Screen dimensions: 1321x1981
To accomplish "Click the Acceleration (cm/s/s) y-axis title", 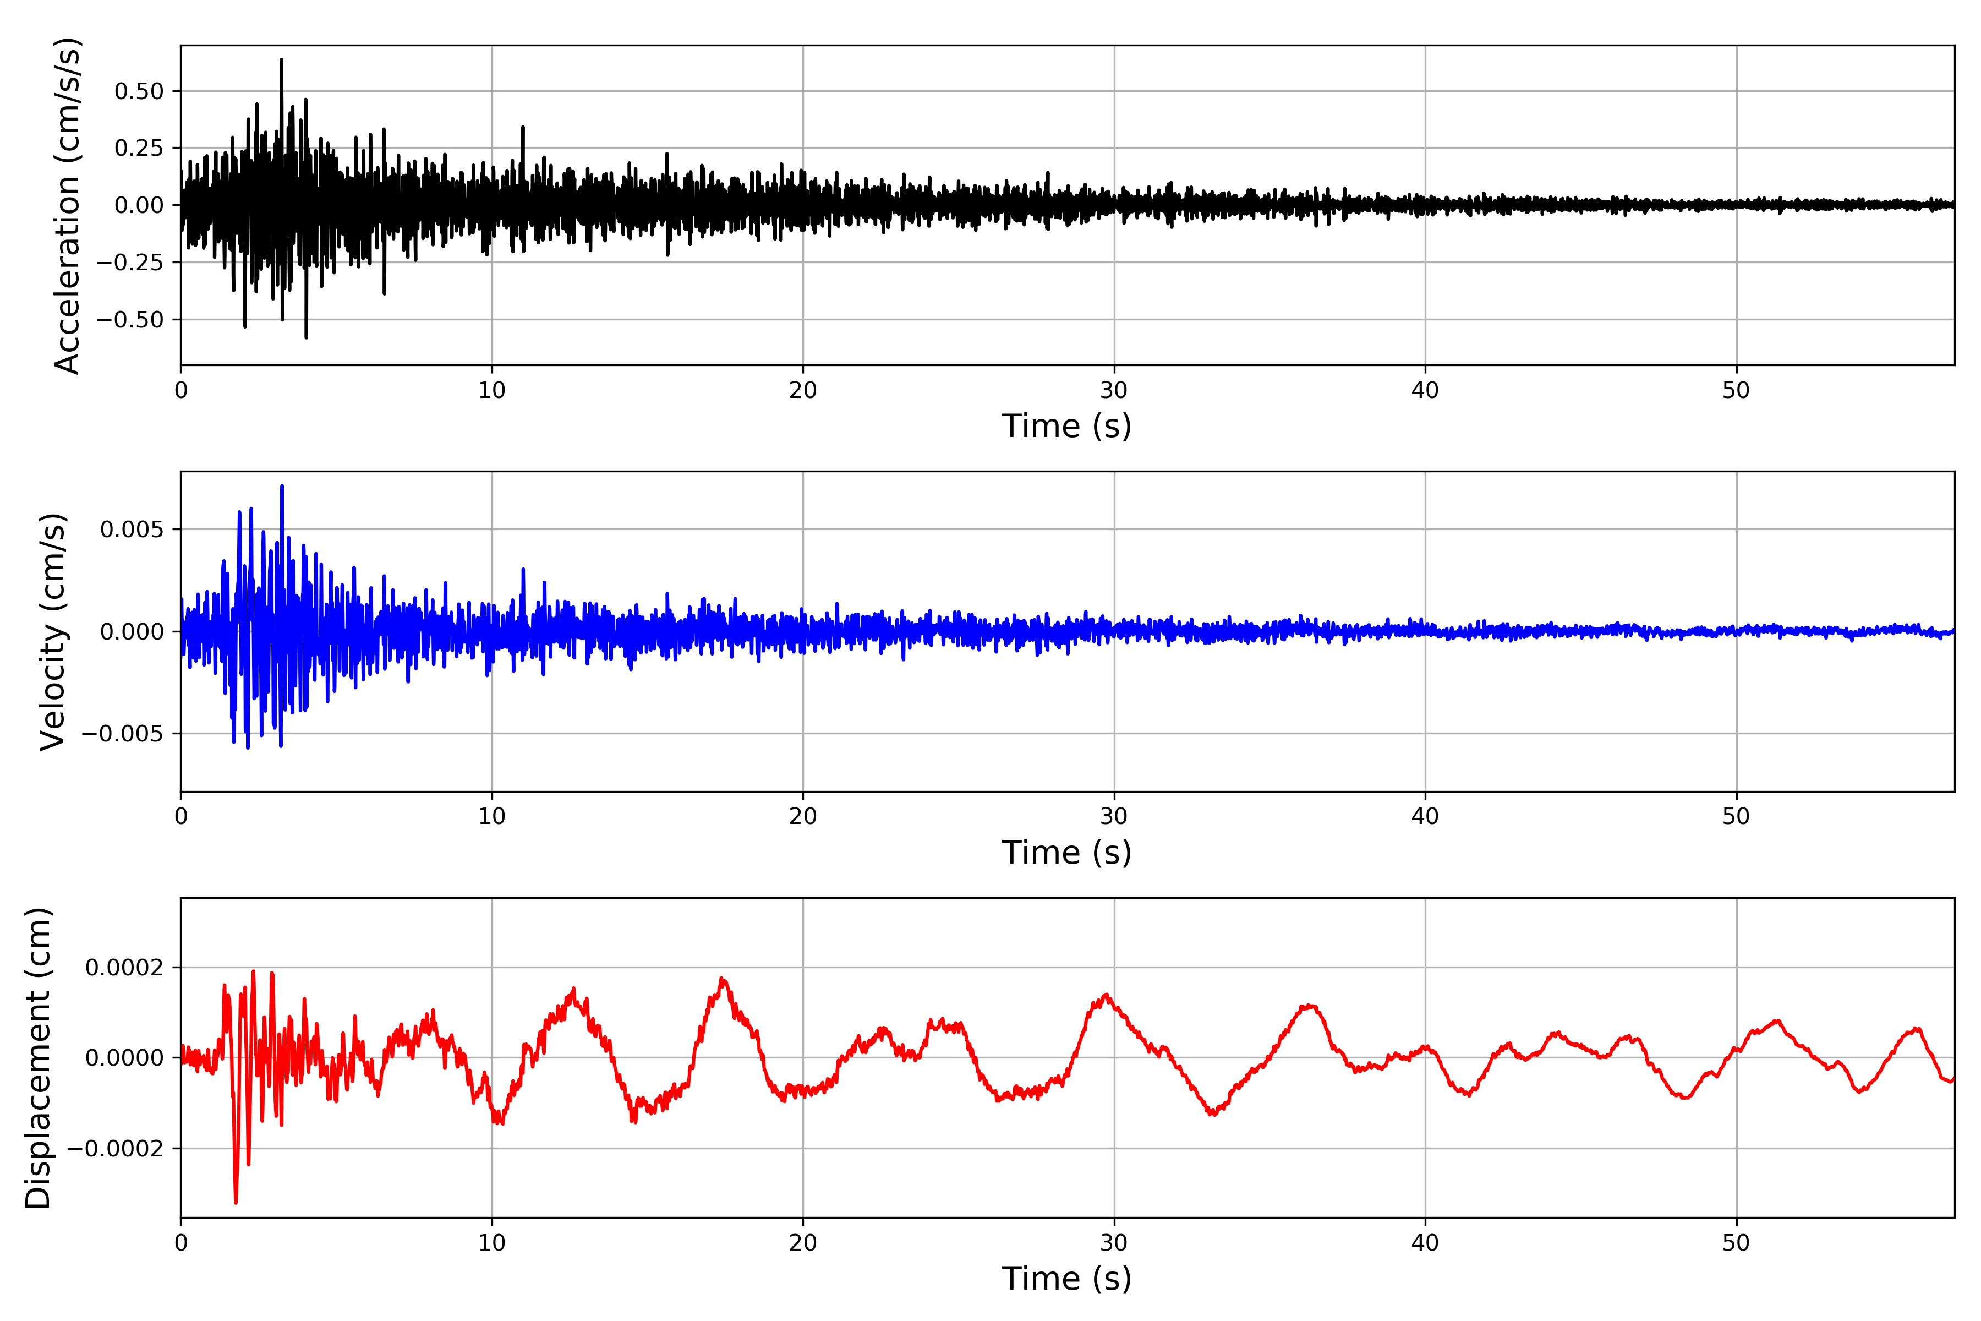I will click(x=67, y=205).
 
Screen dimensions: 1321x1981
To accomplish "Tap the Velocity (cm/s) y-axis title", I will click(x=53, y=632).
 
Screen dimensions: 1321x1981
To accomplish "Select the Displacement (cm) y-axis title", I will click(x=39, y=1058).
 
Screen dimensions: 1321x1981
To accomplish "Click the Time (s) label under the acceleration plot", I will click(x=1066, y=426).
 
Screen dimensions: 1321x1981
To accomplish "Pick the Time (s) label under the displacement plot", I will click(x=1066, y=1279).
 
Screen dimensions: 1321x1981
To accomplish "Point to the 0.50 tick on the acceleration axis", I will click(x=139, y=91).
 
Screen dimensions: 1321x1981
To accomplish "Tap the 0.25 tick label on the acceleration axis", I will click(x=139, y=148).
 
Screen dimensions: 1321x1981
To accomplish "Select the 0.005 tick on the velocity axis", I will click(x=132, y=529).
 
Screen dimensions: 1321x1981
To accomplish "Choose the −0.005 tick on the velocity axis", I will click(x=122, y=734).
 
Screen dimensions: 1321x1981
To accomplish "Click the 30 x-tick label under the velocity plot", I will click(x=1113, y=816).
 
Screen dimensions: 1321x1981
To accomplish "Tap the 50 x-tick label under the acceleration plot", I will click(x=1736, y=391).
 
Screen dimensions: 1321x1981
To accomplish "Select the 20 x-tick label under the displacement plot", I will click(x=803, y=1243).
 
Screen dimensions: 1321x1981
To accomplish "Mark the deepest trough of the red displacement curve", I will click(x=236, y=1202).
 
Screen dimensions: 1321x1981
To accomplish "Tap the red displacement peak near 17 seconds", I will click(x=722, y=979).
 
